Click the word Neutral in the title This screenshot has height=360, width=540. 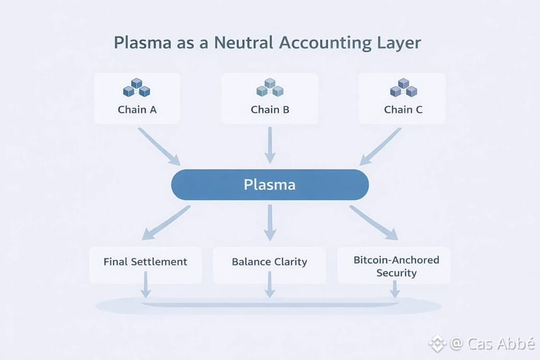(244, 43)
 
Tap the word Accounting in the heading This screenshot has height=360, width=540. (325, 44)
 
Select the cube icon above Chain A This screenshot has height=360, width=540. (137, 87)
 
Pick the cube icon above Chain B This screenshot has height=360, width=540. (270, 87)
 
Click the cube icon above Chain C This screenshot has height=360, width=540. (403, 87)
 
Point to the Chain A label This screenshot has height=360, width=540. (137, 110)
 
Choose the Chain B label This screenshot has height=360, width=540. (270, 110)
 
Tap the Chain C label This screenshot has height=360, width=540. (403, 110)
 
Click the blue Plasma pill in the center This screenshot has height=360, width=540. (270, 185)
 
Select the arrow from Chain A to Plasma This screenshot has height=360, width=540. (159, 147)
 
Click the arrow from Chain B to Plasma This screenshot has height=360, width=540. (270, 145)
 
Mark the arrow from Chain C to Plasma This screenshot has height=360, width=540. (380, 147)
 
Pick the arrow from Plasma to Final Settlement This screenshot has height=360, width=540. (166, 222)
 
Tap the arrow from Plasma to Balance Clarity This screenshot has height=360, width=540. (270, 223)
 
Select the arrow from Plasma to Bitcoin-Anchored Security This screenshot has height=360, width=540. (374, 222)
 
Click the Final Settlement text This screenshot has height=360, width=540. (145, 262)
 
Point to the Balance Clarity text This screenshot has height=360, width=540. (269, 262)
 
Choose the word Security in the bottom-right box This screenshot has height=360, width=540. (397, 273)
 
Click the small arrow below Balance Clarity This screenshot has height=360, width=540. (269, 284)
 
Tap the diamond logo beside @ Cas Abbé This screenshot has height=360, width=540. (438, 344)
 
